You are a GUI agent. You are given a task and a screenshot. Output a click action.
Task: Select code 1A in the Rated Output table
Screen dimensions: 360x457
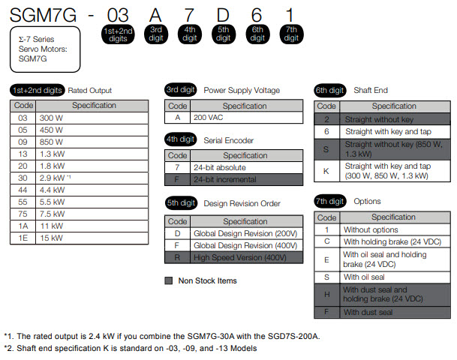[23, 226]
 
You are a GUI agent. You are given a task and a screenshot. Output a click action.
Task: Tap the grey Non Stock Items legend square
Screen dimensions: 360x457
[169, 281]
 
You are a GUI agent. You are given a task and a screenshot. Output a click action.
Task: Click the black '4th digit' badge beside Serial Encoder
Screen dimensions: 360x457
[180, 139]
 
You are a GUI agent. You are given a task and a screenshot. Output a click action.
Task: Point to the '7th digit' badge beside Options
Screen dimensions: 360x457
[330, 201]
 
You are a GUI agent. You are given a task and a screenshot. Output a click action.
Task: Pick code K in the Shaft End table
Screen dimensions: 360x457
[326, 171]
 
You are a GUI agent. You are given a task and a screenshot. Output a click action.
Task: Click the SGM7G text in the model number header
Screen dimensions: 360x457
[38, 14]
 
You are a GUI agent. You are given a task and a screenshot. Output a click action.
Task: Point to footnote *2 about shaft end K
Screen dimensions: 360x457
[131, 348]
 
